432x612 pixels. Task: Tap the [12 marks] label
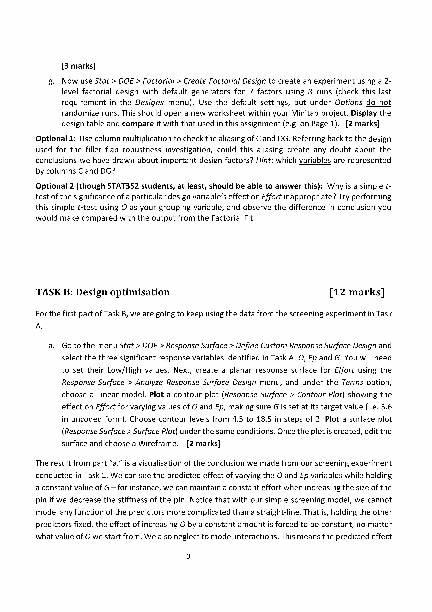coord(357,292)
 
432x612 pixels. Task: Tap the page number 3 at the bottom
coord(189,556)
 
